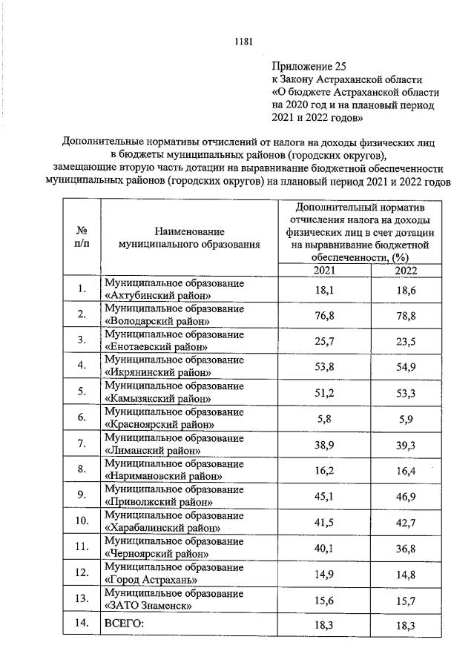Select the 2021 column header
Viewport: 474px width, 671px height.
(323, 271)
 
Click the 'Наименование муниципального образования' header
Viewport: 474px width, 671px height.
(190, 237)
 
